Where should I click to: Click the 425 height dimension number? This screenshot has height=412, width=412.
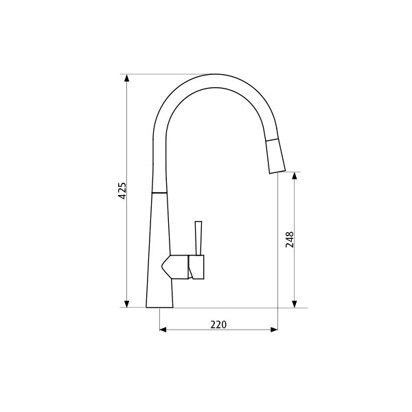[123, 190]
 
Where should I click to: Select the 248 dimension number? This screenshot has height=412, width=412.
[290, 239]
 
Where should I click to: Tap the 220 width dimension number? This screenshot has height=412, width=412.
[218, 324]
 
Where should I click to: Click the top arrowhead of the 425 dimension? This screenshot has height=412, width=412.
[127, 78]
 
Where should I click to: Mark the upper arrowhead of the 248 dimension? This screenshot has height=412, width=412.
[295, 176]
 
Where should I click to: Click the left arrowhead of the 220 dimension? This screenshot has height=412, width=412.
[163, 330]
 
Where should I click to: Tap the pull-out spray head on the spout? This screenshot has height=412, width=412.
[275, 154]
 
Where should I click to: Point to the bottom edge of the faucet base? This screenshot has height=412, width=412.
[159, 307]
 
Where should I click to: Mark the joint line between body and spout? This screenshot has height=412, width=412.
[159, 193]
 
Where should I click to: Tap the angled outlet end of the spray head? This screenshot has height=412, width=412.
[277, 172]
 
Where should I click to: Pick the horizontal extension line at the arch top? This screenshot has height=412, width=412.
[165, 74]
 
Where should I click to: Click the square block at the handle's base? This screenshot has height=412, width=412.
[197, 267]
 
